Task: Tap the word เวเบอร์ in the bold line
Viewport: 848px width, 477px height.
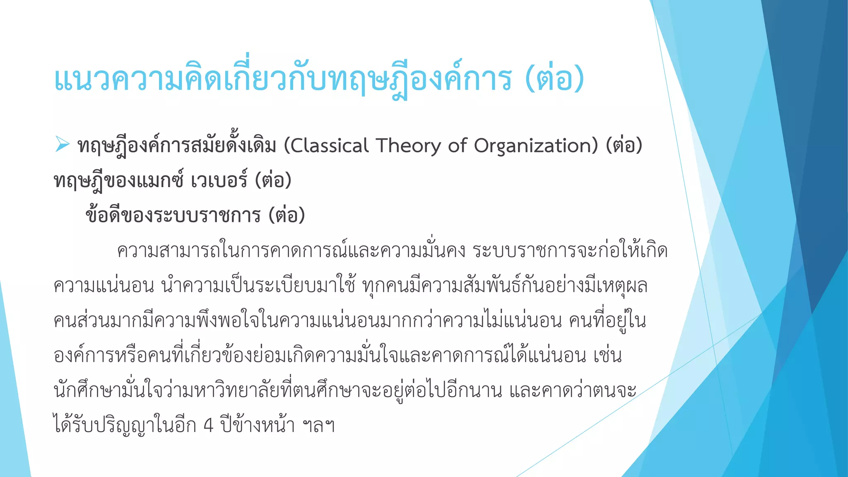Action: pos(219,181)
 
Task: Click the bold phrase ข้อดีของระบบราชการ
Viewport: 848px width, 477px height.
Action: pos(173,215)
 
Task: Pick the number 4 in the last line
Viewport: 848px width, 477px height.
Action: pos(209,426)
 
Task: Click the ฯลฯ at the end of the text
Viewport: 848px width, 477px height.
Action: pos(318,426)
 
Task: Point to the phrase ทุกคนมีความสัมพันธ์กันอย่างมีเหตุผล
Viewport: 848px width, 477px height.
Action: pos(505,286)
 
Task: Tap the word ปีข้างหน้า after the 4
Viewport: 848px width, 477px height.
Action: pos(257,426)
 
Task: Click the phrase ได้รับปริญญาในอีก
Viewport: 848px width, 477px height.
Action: pos(125,426)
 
